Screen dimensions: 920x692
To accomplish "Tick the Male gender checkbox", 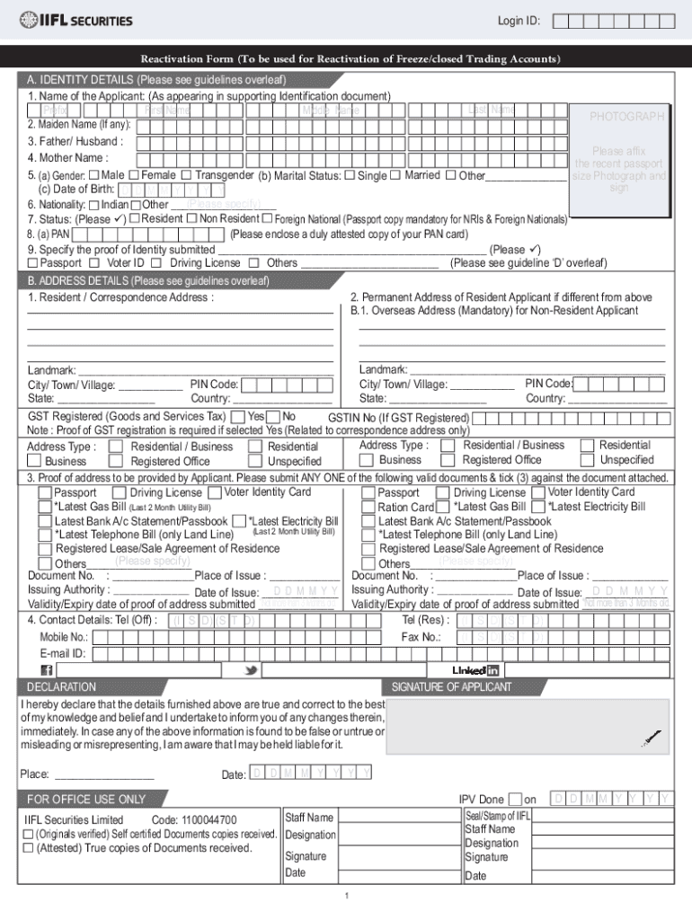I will click(93, 174).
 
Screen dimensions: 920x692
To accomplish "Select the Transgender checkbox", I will click(186, 174).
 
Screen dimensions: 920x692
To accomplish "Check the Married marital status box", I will click(395, 174).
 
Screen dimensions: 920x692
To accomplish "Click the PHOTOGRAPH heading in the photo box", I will click(626, 117).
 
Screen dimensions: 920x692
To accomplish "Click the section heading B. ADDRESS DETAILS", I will click(148, 280).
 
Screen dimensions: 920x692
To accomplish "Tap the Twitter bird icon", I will click(252, 670).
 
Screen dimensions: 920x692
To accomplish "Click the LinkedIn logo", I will click(475, 670).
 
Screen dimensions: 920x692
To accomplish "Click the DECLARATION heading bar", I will click(62, 687).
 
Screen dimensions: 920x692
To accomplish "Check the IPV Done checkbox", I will click(514, 800).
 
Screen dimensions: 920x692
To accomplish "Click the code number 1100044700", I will click(208, 820).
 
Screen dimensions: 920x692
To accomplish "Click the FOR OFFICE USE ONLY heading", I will click(86, 799).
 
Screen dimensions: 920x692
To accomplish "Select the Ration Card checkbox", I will click(441, 507).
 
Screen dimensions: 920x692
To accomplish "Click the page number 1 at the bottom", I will click(347, 898).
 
